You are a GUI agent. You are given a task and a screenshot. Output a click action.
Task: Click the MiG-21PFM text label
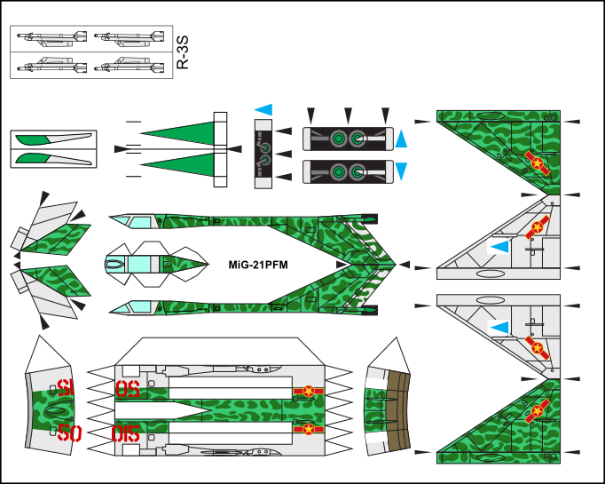[x=258, y=265]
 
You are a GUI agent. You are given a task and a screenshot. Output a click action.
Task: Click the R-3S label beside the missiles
[x=182, y=52]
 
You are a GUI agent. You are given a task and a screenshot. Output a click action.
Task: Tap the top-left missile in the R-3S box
[x=51, y=38]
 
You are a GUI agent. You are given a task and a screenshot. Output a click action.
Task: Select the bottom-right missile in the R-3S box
[x=129, y=65]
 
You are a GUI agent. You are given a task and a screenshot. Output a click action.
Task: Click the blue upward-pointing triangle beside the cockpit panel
[x=401, y=139]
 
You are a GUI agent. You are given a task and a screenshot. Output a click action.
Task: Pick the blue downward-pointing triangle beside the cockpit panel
[x=401, y=171]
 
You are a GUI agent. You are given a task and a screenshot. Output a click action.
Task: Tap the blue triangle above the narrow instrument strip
[x=263, y=110]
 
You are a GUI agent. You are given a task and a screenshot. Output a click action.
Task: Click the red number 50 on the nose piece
[x=69, y=433]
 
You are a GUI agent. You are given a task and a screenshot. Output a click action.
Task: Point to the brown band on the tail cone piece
[x=398, y=410]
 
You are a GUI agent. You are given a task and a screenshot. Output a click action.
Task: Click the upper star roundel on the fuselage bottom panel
[x=309, y=392]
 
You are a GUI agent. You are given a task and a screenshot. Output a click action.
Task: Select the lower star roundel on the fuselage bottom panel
[x=309, y=429]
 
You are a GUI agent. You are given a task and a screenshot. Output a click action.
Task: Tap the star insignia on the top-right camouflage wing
[x=537, y=163]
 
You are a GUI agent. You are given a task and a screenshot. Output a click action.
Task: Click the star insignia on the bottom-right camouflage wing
[x=537, y=411]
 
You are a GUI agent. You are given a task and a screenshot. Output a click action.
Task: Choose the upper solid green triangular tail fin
[x=185, y=132]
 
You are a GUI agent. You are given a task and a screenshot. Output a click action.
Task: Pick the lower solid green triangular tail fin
[x=185, y=165]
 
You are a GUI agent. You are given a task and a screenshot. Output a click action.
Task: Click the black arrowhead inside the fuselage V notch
[x=342, y=265]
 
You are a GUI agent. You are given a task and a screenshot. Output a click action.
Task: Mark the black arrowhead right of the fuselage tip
[x=404, y=265]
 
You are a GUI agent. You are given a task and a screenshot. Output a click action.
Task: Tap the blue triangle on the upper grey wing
[x=500, y=247]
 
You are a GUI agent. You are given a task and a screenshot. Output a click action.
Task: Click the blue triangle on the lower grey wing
[x=500, y=328]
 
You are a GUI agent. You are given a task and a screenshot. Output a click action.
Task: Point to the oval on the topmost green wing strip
[x=490, y=115]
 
